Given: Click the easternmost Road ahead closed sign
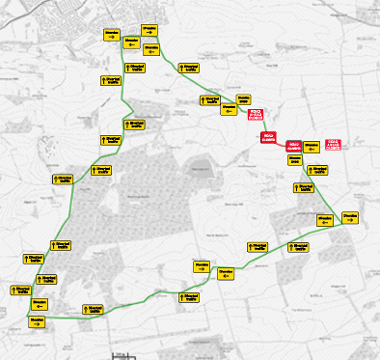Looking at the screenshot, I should [x=335, y=144].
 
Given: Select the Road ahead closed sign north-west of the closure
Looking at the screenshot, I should [x=255, y=113].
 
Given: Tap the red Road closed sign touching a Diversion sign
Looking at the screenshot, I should [x=295, y=147].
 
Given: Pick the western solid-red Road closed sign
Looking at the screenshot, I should [x=268, y=136].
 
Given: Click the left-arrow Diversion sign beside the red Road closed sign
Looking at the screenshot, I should [x=311, y=147].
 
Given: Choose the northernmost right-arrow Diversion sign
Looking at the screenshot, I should [x=151, y=29].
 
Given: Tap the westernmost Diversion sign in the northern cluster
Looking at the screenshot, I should [x=112, y=34].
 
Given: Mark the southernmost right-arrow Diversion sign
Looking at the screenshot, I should [x=39, y=320].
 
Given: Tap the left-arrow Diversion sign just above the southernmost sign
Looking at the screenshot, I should [x=39, y=302].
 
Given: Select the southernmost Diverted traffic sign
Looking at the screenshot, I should [x=94, y=309].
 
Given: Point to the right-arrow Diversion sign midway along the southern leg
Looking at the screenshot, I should [x=201, y=266].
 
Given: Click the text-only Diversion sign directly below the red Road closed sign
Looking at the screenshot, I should [x=296, y=159].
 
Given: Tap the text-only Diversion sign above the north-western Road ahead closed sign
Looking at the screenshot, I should [x=229, y=100].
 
